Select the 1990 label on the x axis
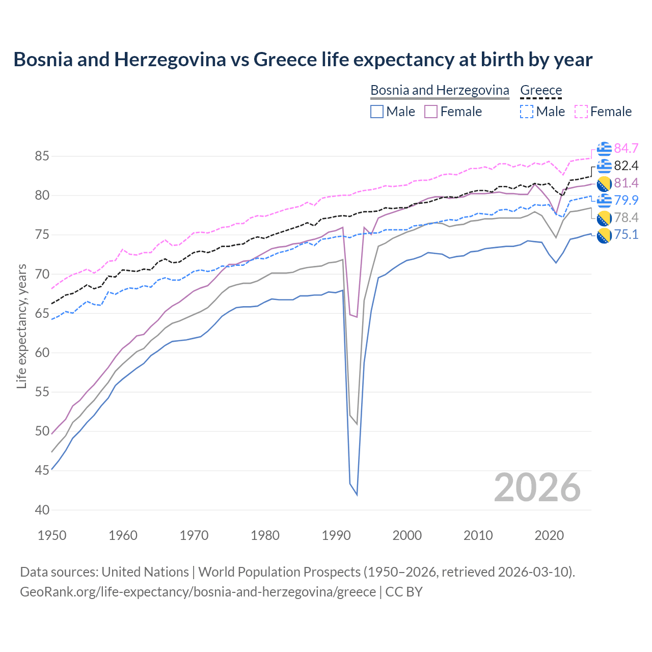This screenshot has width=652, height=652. point(336,535)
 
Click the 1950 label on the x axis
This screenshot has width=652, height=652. point(52,535)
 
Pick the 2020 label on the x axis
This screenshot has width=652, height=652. point(549,535)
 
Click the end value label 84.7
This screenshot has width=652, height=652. point(626,148)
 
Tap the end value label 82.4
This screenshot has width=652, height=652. point(626,166)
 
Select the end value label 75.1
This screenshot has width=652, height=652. point(626,235)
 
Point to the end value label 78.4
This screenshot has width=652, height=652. point(626,218)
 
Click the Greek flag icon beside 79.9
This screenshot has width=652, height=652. point(604,200)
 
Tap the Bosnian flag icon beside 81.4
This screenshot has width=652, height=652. point(604,183)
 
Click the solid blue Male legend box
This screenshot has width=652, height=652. point(376,112)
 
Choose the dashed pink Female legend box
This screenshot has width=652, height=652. point(581,112)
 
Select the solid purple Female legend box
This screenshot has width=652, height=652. point(430,112)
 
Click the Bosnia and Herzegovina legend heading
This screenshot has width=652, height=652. point(440,90)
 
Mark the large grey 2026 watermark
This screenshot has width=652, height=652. point(537,487)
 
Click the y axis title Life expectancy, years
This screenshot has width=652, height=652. point(22,326)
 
